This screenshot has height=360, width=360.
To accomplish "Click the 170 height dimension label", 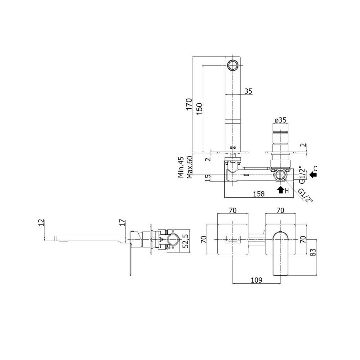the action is click(x=189, y=104).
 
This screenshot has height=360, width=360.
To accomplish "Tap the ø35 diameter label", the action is click(x=280, y=120).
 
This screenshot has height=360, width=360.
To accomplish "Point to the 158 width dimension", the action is click(x=259, y=194).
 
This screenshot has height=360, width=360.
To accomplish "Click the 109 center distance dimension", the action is click(x=256, y=280).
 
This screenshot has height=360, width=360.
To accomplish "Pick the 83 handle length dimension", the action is click(x=314, y=252).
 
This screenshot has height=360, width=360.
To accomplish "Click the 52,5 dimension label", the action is click(x=185, y=241).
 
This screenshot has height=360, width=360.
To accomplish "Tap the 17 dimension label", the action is click(x=122, y=222).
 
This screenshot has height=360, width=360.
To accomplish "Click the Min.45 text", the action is click(x=181, y=167).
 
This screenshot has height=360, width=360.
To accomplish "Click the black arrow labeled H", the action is click(x=280, y=190).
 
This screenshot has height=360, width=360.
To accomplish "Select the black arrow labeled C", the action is click(x=313, y=175).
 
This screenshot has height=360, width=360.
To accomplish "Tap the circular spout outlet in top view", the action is click(x=233, y=65).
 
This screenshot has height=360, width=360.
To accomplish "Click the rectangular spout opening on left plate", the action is click(x=233, y=240).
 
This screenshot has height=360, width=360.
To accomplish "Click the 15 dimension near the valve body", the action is click(x=208, y=178).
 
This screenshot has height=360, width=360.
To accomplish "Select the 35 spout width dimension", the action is click(x=248, y=91).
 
